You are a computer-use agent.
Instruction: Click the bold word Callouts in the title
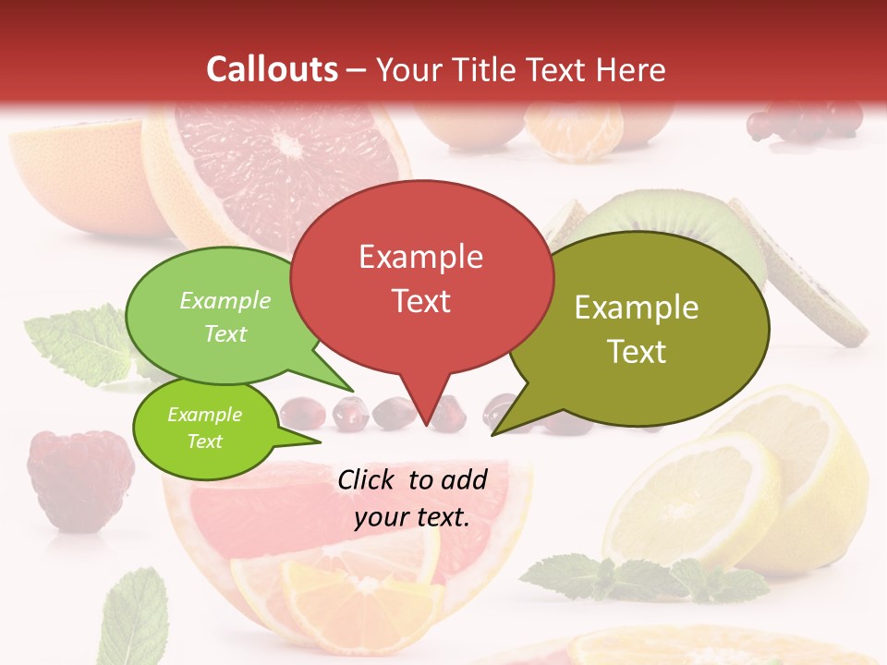(272, 69)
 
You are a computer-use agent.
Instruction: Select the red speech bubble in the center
(421, 277)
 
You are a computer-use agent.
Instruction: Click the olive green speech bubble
(638, 328)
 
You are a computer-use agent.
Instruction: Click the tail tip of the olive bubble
(494, 433)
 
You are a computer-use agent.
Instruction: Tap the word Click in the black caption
(368, 479)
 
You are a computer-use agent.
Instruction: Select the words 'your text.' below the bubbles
(411, 517)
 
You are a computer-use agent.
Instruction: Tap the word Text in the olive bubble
(638, 351)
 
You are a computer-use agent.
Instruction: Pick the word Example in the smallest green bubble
(204, 415)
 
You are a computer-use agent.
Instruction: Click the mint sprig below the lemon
(647, 577)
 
